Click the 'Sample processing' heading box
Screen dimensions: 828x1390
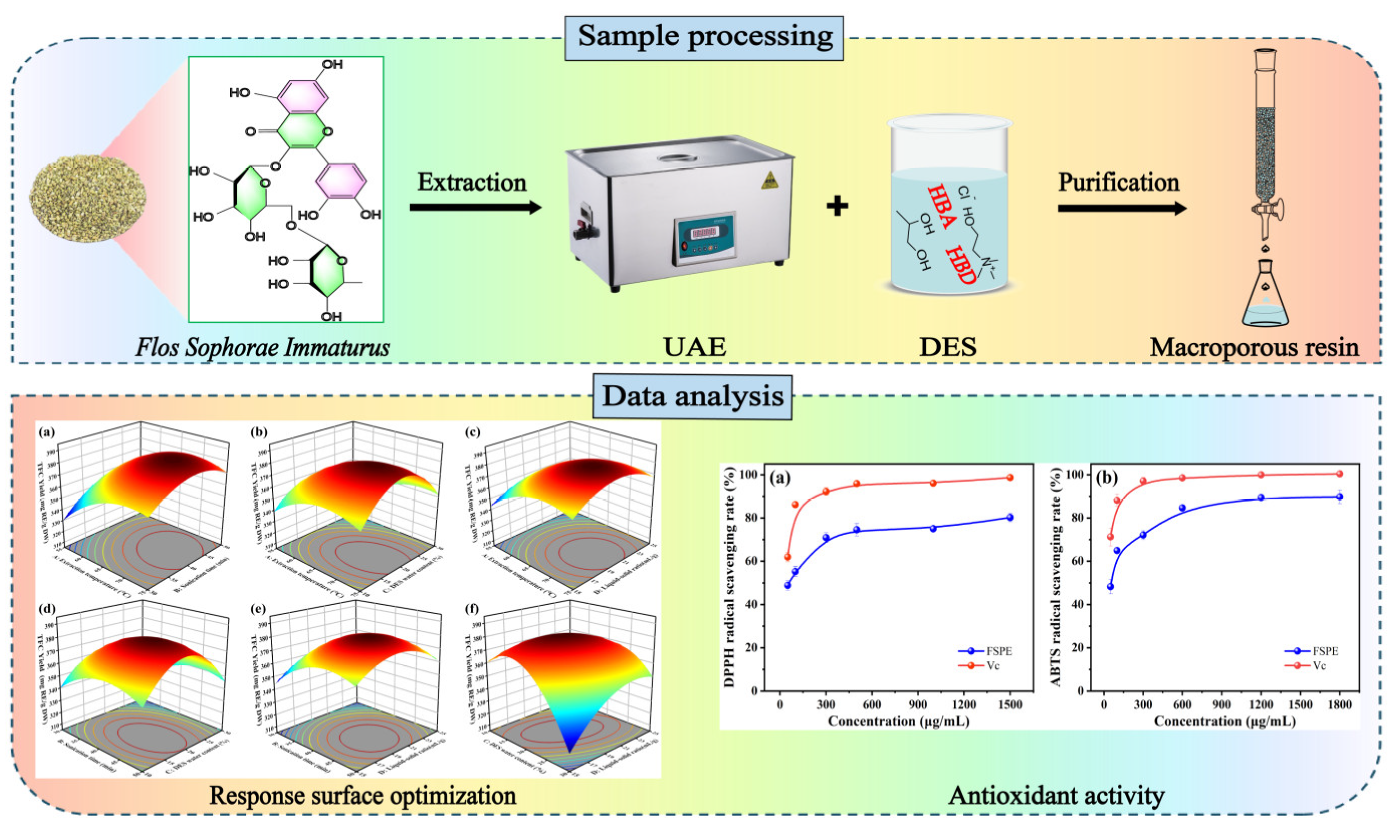click(704, 37)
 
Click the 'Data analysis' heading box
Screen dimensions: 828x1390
click(692, 397)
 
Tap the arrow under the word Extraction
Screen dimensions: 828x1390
click(475, 208)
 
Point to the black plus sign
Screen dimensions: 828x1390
click(837, 206)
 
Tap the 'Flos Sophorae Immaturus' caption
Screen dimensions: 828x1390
click(262, 348)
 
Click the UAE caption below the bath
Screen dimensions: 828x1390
click(694, 348)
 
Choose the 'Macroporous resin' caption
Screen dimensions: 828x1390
click(1254, 348)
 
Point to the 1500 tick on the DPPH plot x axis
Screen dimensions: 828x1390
click(1009, 705)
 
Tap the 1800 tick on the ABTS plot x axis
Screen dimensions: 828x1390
click(1339, 705)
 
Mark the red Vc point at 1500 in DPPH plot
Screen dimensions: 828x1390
click(1009, 478)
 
